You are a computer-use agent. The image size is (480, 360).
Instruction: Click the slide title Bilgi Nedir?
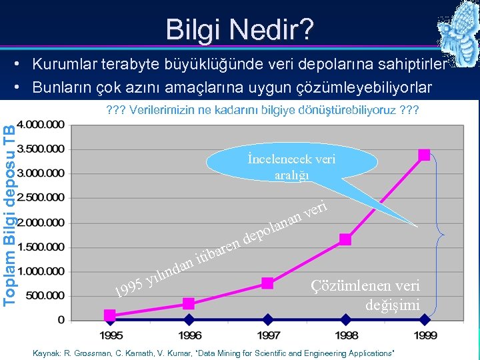point(239,30)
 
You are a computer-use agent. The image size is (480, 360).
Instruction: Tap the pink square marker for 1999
point(424,155)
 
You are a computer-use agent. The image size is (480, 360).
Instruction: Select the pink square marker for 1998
point(345,239)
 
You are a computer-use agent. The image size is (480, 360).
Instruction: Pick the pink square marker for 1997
point(267,283)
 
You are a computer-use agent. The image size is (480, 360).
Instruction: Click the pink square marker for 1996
point(189,303)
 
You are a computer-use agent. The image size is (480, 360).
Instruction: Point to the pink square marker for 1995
point(110,313)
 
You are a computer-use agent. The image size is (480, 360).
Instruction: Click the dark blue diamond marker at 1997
point(267,320)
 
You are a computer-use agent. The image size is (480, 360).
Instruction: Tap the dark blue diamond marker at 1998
point(345,320)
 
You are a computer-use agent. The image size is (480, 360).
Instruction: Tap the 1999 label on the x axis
point(424,335)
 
